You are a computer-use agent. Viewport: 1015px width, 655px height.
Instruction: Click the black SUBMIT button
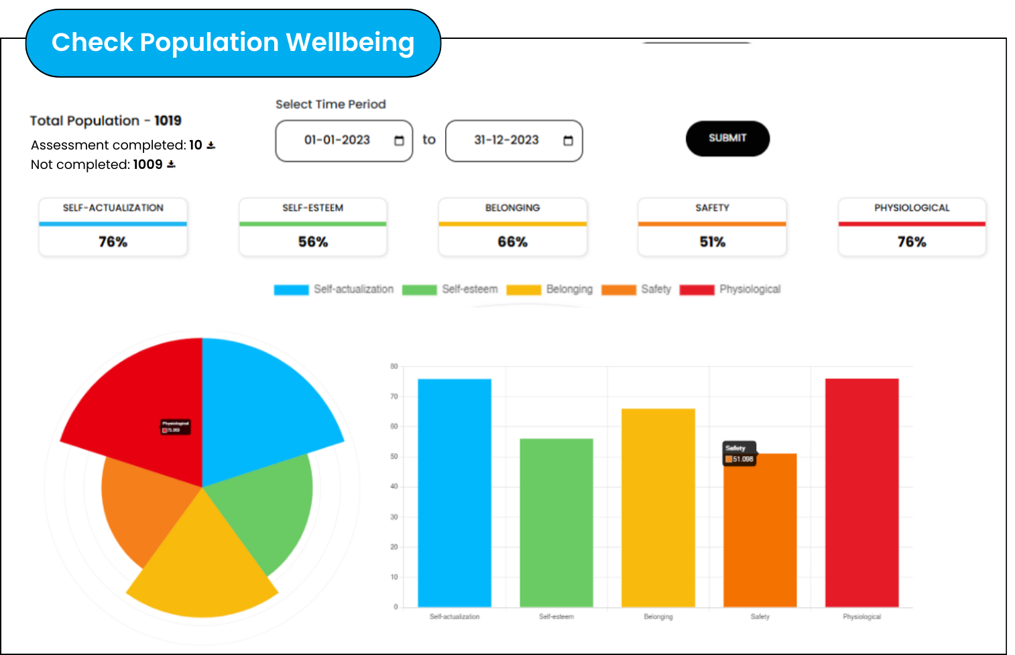[727, 138]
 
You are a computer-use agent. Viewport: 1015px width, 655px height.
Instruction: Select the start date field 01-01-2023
[343, 140]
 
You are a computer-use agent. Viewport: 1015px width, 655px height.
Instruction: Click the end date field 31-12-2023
[514, 140]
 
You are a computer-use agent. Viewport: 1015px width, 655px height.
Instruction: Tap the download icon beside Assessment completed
[211, 145]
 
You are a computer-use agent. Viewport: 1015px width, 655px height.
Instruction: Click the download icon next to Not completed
[172, 164]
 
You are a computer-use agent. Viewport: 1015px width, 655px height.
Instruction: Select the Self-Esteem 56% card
[313, 227]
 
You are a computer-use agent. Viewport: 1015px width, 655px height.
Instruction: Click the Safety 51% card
[712, 227]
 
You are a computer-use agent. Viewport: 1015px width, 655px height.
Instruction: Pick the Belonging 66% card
[513, 227]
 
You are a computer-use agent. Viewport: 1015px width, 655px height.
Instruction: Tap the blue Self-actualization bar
[455, 493]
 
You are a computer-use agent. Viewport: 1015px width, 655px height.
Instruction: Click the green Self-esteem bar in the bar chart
[556, 523]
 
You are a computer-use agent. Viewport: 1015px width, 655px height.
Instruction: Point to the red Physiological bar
[862, 493]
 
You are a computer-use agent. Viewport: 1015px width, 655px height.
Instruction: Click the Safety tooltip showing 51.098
[739, 454]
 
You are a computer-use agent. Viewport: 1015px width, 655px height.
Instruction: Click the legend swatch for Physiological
[697, 290]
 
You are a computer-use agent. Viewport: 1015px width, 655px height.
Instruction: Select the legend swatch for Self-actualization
[291, 290]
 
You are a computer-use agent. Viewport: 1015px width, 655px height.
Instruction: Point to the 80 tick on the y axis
[394, 366]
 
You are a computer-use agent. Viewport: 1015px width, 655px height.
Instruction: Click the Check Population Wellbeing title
[233, 43]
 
